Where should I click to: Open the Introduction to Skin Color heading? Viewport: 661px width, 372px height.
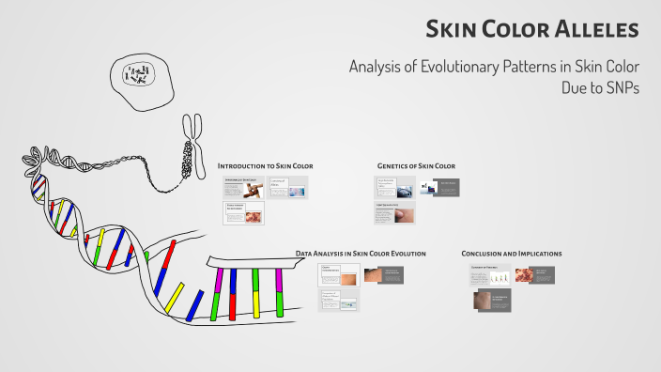[x=265, y=165]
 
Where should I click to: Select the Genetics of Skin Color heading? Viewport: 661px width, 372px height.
[x=416, y=165]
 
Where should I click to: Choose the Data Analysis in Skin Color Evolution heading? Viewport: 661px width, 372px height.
[x=361, y=254]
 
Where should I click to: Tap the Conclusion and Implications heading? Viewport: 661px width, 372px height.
[x=512, y=254]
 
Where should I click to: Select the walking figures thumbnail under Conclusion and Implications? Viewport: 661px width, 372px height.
[x=499, y=275]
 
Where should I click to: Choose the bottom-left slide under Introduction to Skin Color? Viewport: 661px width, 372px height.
[x=243, y=212]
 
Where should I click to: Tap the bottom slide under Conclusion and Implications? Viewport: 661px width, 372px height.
[x=492, y=301]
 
